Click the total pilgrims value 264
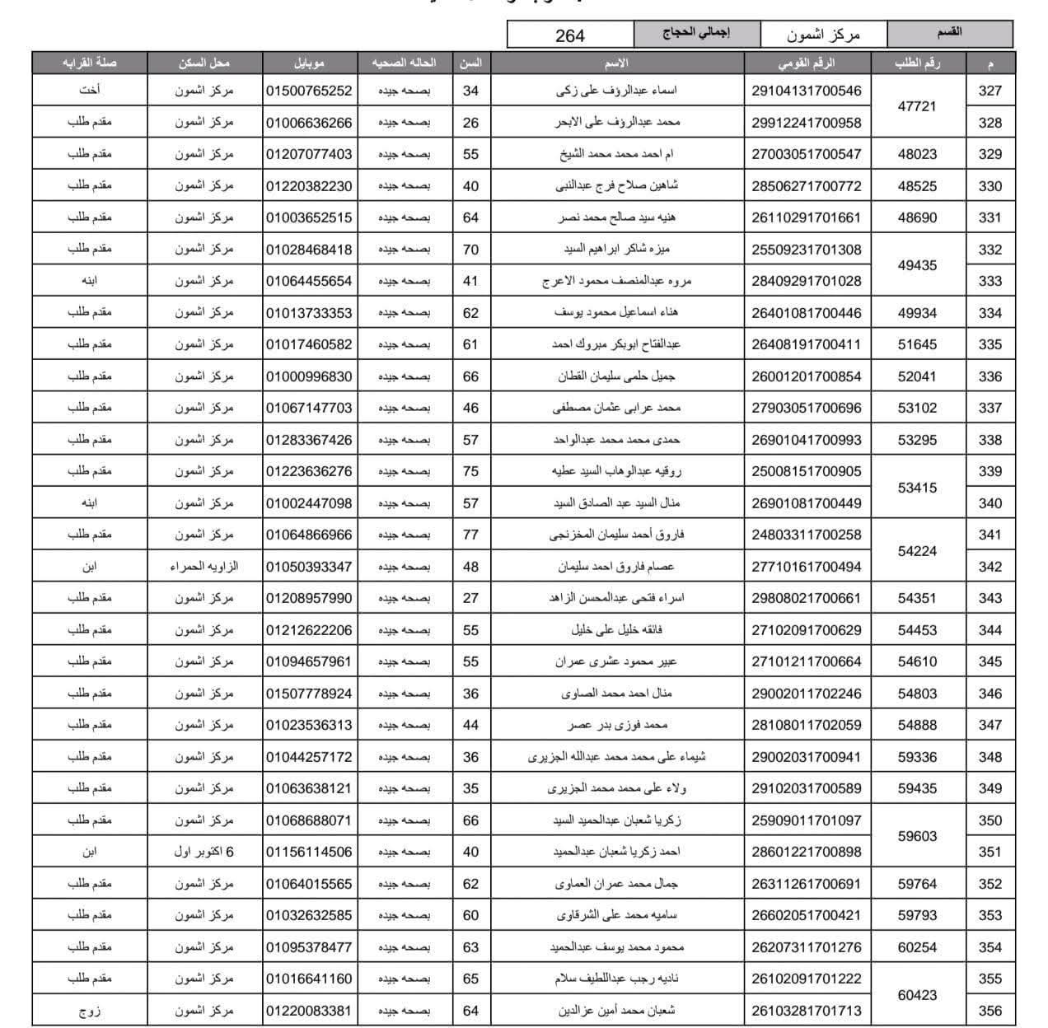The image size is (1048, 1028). click(570, 35)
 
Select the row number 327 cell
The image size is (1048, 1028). click(990, 91)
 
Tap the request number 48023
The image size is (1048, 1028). click(917, 154)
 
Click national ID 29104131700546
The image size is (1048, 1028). click(806, 91)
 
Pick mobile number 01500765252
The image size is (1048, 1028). click(309, 91)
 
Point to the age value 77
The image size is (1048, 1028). click(470, 535)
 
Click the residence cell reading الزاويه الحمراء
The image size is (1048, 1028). click(204, 567)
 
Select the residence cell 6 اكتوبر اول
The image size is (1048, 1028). click(204, 852)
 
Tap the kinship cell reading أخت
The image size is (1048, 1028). click(90, 91)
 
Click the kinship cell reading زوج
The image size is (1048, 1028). click(90, 1011)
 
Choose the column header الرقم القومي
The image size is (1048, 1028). click(806, 63)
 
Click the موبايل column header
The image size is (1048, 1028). click(309, 63)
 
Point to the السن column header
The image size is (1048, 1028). click(470, 63)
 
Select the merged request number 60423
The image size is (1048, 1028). click(917, 995)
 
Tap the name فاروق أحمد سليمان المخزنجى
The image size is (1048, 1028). click(617, 535)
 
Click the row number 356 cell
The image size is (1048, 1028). click(990, 1011)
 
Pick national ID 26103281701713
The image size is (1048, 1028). click(806, 1011)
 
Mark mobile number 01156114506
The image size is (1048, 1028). click(309, 852)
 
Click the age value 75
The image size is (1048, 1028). click(470, 471)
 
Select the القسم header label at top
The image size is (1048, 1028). click(949, 33)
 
